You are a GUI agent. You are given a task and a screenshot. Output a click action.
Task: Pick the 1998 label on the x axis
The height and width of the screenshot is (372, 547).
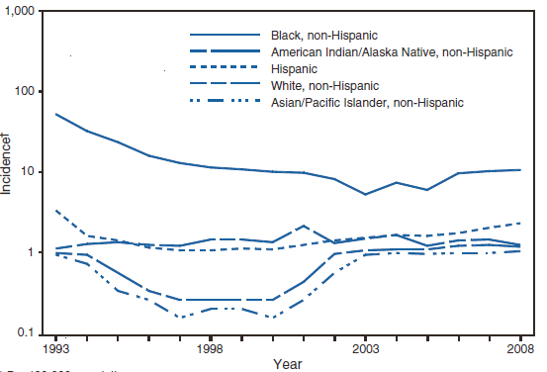pyautogui.click(x=209, y=349)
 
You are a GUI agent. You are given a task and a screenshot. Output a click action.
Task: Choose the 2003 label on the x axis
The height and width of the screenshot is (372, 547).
pyautogui.click(x=365, y=349)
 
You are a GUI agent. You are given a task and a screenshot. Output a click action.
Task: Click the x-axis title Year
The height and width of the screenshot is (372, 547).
pyautogui.click(x=288, y=363)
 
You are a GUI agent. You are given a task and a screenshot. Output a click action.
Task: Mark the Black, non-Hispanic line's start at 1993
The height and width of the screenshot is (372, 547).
pyautogui.click(x=55, y=114)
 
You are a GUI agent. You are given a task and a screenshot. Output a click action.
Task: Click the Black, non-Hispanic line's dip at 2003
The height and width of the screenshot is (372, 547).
pyautogui.click(x=365, y=194)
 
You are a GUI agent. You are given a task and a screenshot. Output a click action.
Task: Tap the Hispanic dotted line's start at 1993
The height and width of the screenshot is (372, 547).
pyautogui.click(x=55, y=210)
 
